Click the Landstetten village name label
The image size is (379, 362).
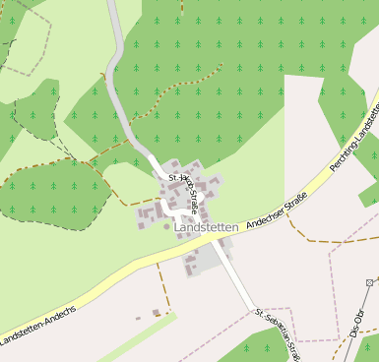pos(206,227)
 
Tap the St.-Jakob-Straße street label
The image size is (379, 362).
pos(187,194)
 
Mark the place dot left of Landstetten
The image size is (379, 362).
pos(165,227)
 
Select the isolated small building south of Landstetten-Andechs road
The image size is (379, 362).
pos(156,313)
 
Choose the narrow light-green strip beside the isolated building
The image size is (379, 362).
pos(138,340)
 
